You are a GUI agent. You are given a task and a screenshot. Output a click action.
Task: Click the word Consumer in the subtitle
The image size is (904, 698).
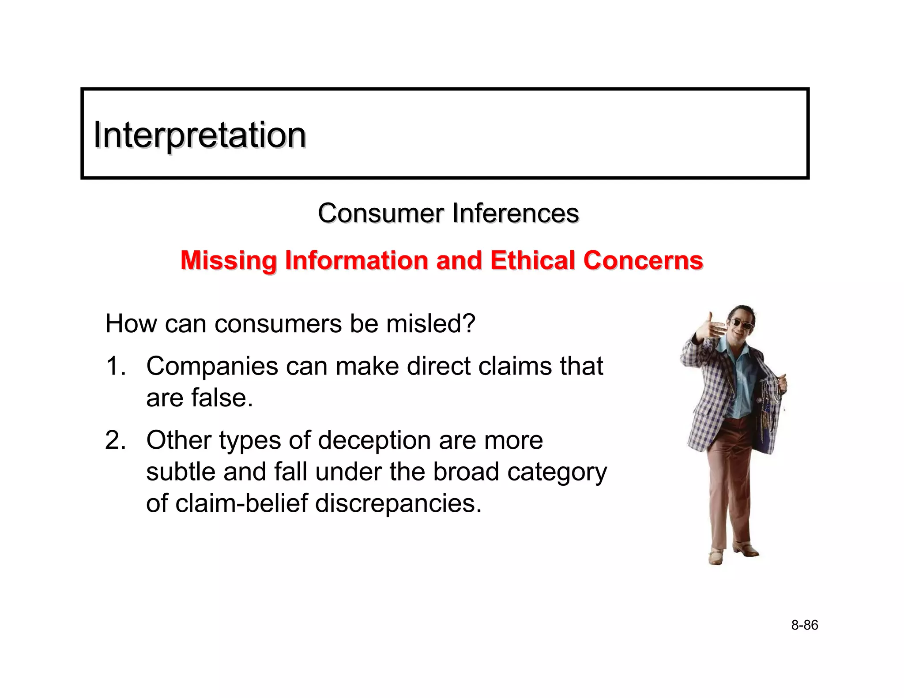pos(380,214)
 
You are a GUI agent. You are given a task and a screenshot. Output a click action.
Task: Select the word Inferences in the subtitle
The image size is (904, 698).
pos(515,214)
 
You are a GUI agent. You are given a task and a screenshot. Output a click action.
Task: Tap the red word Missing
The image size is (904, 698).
pos(228,260)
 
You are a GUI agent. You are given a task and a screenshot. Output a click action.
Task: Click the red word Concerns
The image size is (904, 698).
pos(643,260)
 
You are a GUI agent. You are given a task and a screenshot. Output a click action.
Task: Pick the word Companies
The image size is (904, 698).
pos(212,366)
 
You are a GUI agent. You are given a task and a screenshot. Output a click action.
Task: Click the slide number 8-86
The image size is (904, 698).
pos(804,625)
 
